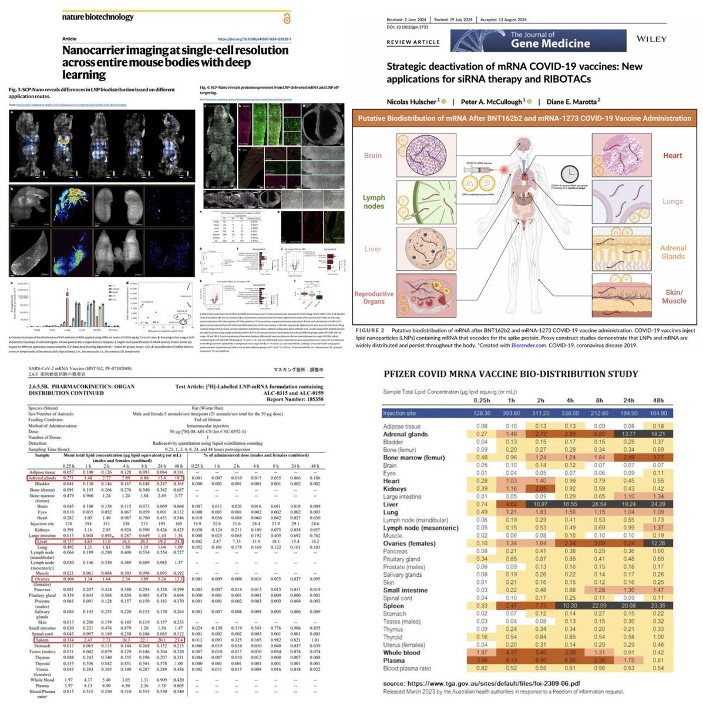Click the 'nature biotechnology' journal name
(x=98, y=17)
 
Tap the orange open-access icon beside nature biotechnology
(x=286, y=19)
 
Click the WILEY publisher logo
(x=651, y=39)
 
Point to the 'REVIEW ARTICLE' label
(x=413, y=42)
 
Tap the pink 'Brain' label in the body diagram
(x=373, y=156)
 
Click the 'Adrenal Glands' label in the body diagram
(x=673, y=252)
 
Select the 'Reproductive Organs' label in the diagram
(x=374, y=297)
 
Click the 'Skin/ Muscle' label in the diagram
(x=674, y=296)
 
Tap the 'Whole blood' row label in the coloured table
(x=402, y=652)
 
